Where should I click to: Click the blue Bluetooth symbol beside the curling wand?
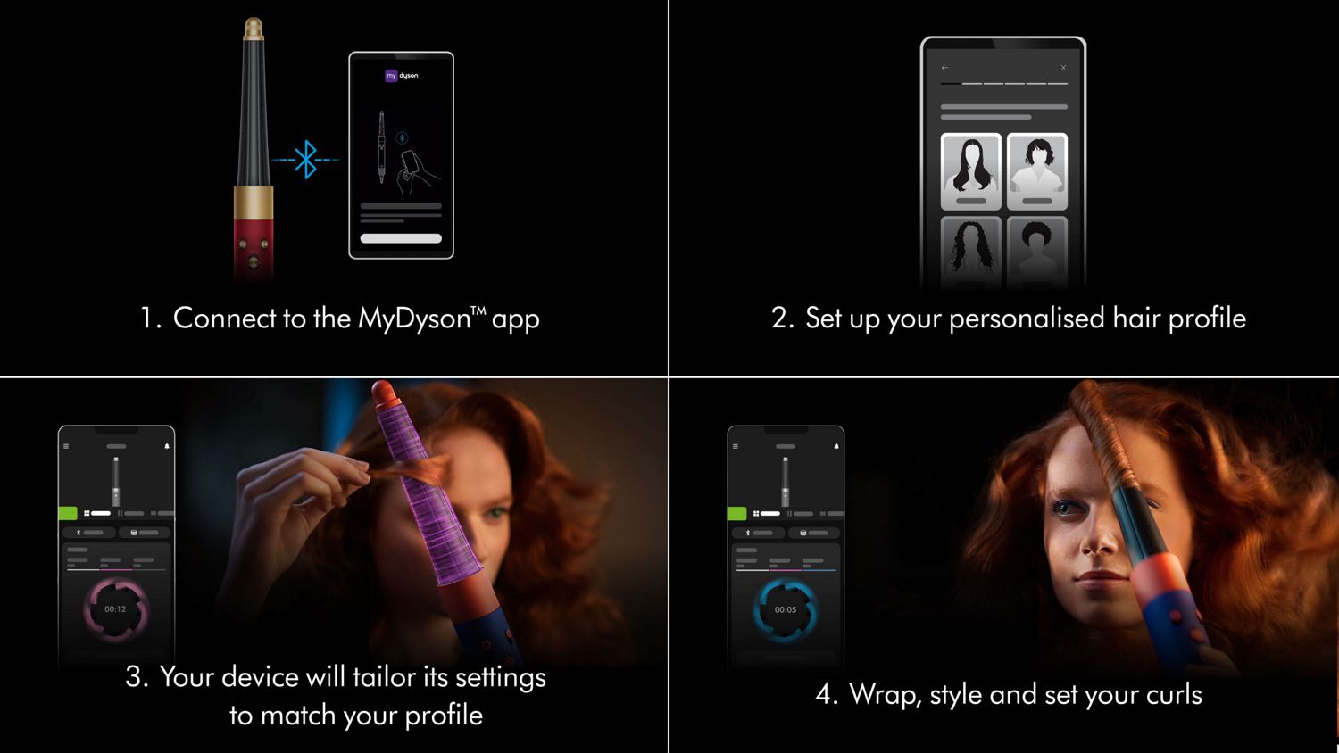pos(306,160)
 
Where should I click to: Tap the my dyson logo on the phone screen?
pos(402,76)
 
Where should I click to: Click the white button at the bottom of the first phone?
pos(401,238)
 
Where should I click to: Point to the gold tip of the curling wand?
pos(254,27)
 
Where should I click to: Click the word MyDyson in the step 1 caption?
pos(413,319)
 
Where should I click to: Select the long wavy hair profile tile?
pos(970,170)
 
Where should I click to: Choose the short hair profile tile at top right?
pos(1037,170)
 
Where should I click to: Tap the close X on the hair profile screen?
pos(1063,68)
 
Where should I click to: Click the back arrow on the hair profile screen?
pos(944,68)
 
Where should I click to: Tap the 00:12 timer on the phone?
pos(115,609)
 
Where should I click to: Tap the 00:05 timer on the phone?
pos(786,610)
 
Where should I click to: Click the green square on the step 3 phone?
pos(67,513)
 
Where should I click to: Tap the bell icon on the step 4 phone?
pos(836,446)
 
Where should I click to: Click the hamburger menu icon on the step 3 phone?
pos(66,446)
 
